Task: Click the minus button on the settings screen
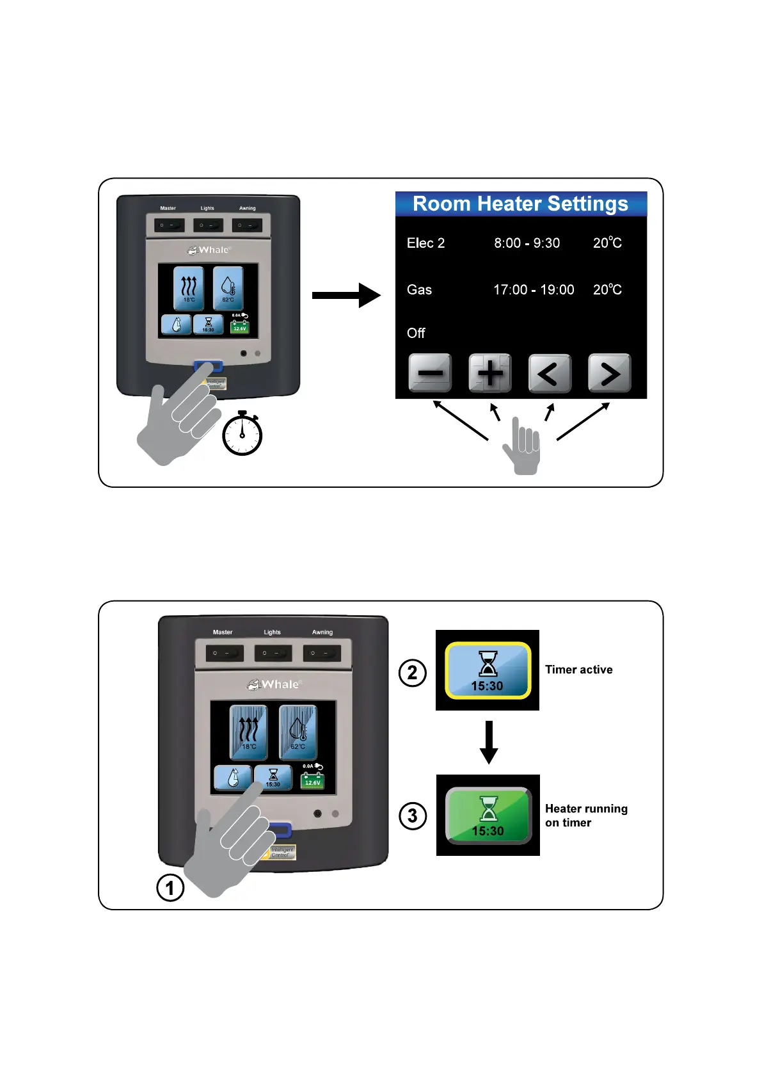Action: point(430,373)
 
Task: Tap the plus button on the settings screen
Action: point(490,373)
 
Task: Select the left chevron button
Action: point(550,373)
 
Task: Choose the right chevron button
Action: point(609,373)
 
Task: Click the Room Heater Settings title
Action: point(520,204)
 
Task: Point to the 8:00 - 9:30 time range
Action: point(527,243)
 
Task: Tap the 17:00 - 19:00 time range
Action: point(534,290)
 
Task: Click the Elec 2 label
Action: point(425,243)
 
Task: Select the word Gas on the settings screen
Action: point(419,290)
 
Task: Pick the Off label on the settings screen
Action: point(416,334)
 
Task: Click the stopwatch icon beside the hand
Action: point(242,433)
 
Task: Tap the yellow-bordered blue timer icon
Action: point(488,670)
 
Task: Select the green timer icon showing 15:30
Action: point(488,815)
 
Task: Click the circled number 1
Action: point(170,888)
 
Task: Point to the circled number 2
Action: point(413,673)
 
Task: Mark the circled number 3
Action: point(413,816)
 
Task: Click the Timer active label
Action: point(578,670)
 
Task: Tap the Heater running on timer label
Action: point(585,816)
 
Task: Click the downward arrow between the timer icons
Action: point(489,743)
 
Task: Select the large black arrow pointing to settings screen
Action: point(346,295)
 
